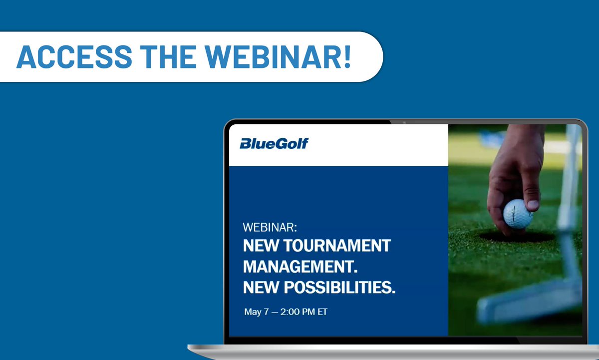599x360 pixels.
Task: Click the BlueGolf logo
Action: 274,144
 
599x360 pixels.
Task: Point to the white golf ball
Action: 518,214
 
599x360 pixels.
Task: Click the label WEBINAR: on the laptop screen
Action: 270,228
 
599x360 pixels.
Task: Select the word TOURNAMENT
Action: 339,246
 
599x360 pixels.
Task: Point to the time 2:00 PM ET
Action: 304,312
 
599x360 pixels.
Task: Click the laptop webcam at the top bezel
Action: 403,122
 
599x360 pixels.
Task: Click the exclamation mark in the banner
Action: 346,57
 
